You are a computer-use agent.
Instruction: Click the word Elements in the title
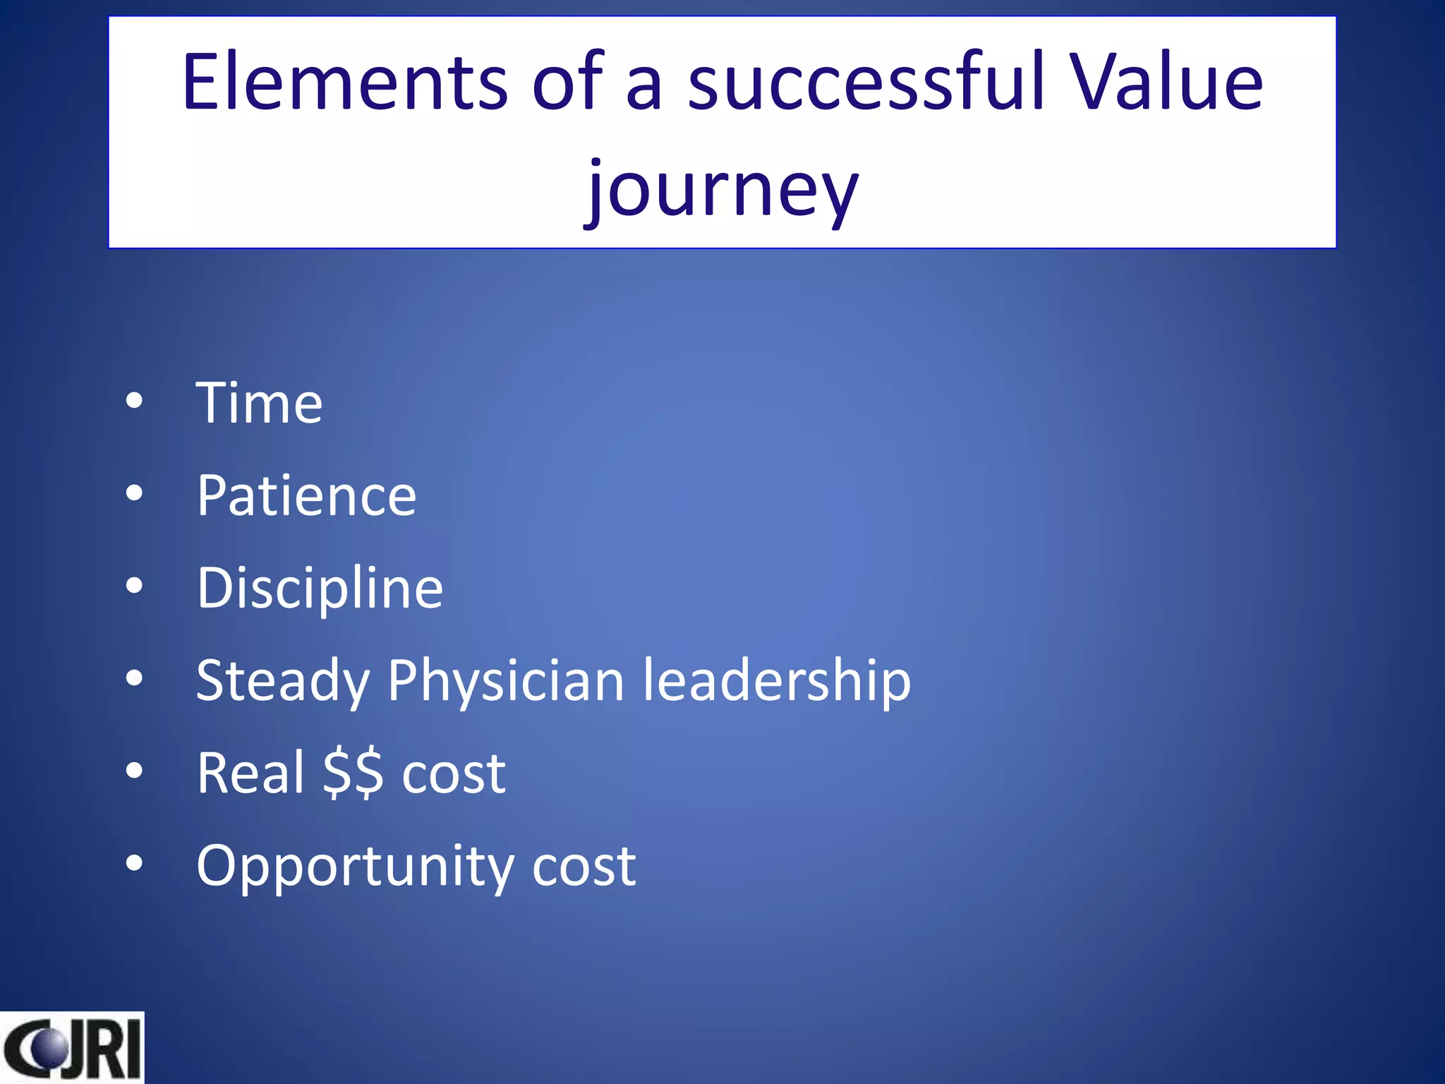[x=344, y=83]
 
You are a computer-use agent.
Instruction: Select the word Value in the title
[x=1166, y=83]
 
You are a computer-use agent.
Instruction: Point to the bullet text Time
[x=259, y=404]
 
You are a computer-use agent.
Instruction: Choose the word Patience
[x=306, y=496]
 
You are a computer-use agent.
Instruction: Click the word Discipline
[x=320, y=589]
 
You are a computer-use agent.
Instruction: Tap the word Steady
[x=282, y=682]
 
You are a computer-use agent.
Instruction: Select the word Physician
[x=506, y=682]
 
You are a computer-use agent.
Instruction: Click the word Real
[x=250, y=773]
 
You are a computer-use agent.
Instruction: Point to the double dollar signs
[x=353, y=773]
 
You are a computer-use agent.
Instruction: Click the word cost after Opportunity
[x=584, y=867]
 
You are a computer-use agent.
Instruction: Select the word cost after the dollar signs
[x=454, y=773]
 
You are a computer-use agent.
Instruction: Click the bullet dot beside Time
[x=134, y=401]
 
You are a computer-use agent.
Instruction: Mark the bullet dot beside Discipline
[x=134, y=586]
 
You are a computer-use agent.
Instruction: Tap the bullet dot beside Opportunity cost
[x=134, y=863]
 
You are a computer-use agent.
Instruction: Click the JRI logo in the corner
[x=71, y=1048]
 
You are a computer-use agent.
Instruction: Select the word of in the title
[x=567, y=83]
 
